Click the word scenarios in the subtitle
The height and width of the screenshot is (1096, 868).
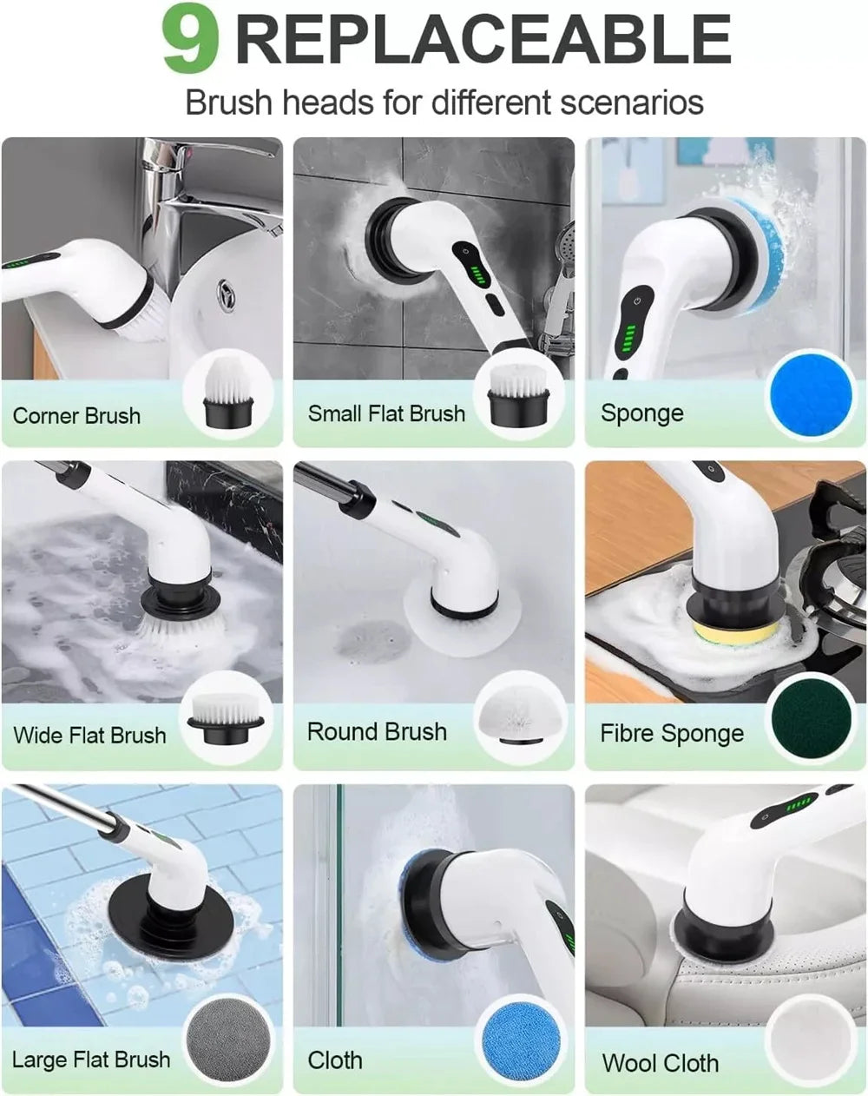point(631,102)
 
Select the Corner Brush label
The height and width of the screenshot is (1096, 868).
point(76,416)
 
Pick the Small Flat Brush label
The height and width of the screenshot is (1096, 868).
point(386,413)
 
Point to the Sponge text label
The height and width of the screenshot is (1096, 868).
point(641,413)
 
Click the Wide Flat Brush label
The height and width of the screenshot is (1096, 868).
point(89,736)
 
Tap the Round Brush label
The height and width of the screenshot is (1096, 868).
point(377,732)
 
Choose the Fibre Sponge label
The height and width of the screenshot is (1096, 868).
point(672,734)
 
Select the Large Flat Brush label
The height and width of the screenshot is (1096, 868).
point(91,1060)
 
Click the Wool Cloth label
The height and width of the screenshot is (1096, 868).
point(660,1063)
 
